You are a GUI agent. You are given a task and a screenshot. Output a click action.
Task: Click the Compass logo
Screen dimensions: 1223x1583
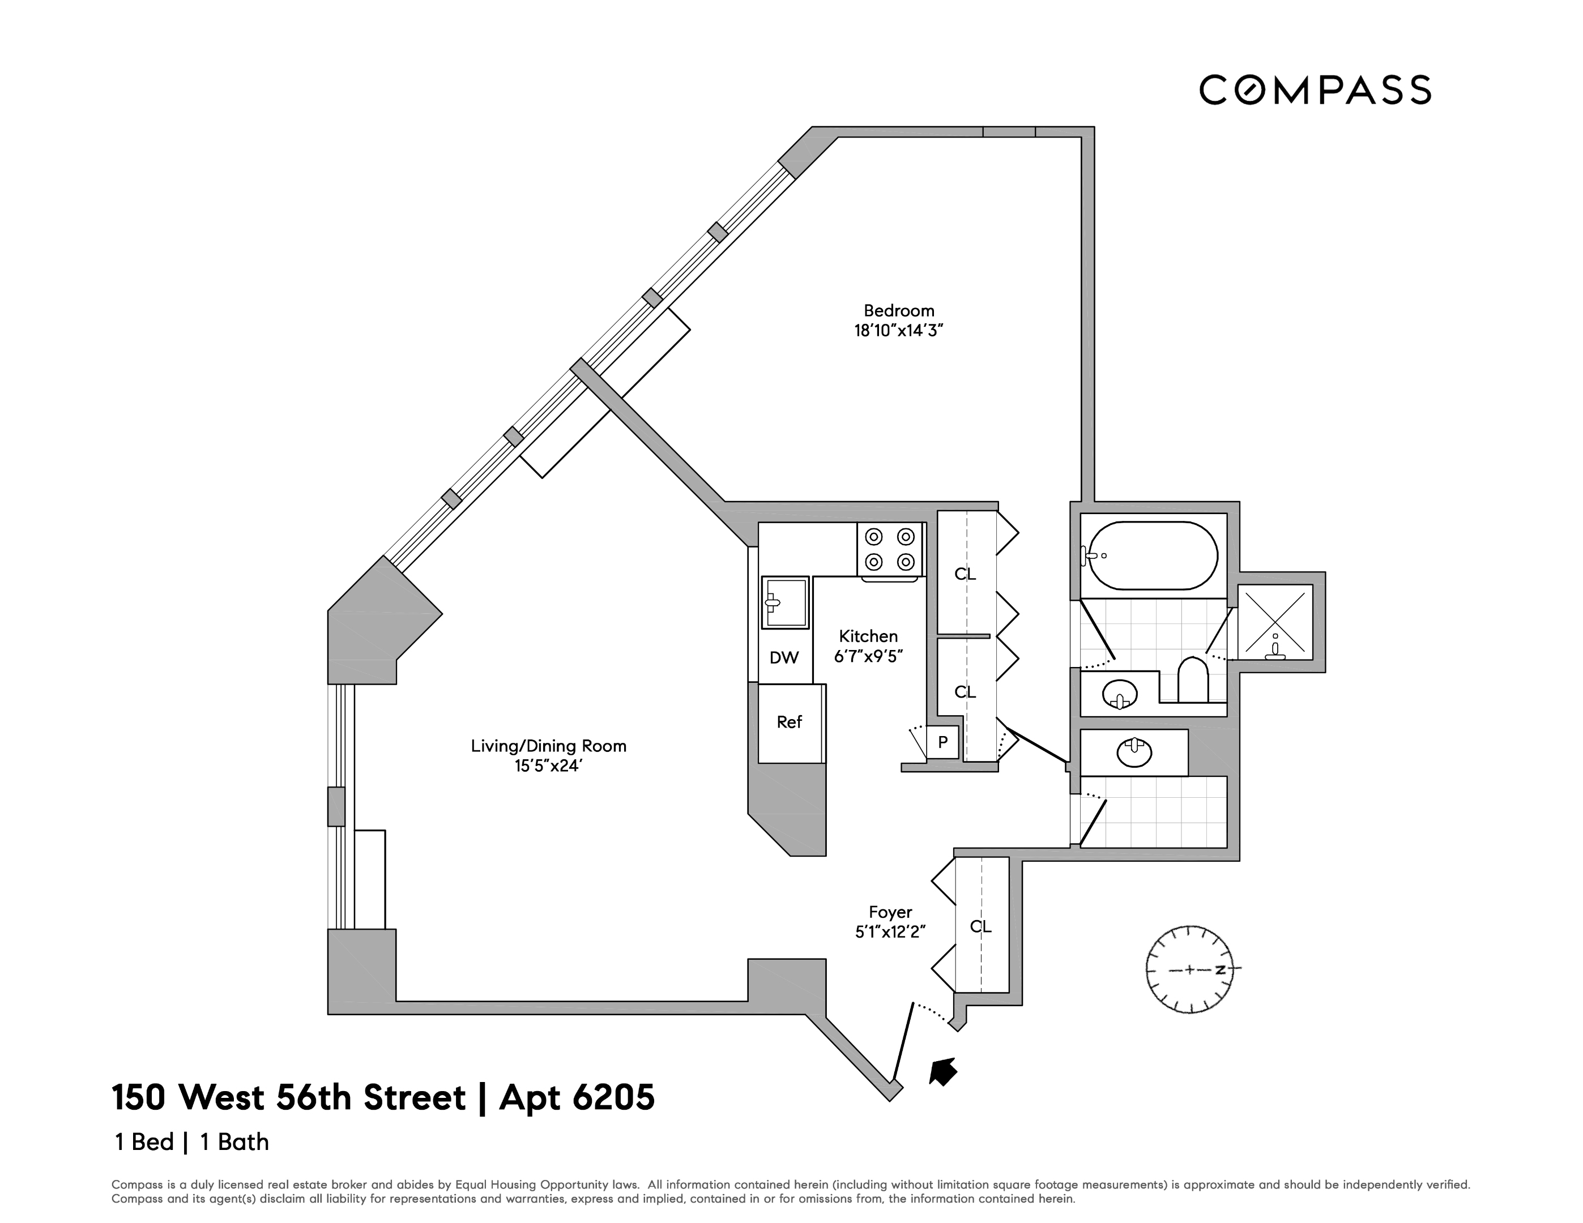click(1315, 91)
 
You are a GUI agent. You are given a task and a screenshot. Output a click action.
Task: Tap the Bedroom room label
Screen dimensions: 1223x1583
click(899, 311)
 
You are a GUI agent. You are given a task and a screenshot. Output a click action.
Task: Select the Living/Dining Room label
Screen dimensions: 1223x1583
click(549, 746)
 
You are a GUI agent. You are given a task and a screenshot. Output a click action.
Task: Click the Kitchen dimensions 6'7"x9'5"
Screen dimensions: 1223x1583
click(868, 656)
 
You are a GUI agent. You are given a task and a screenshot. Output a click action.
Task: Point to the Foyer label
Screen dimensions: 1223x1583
click(890, 912)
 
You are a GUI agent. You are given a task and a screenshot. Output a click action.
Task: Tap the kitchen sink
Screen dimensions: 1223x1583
click(785, 602)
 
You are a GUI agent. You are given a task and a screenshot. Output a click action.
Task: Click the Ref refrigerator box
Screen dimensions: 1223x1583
click(790, 722)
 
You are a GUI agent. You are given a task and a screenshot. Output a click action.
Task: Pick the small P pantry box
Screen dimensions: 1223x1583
click(943, 742)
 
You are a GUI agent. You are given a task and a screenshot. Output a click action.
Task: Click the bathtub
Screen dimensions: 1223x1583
click(1153, 555)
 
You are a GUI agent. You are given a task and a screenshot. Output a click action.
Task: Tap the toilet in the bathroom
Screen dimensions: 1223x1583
click(1193, 679)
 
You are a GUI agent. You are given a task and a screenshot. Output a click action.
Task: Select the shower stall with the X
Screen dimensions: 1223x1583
click(1275, 622)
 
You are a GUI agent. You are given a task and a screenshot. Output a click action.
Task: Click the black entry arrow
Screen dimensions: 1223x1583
click(943, 1071)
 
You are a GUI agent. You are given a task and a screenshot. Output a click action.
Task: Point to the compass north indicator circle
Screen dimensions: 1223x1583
click(1189, 969)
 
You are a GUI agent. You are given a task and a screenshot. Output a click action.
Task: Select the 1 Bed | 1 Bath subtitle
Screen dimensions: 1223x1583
click(192, 1142)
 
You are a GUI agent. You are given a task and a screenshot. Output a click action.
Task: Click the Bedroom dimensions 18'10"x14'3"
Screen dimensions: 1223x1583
click(899, 331)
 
